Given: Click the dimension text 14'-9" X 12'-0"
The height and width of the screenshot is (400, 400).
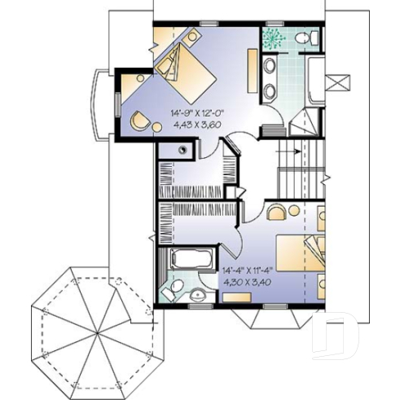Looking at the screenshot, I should pos(202,113).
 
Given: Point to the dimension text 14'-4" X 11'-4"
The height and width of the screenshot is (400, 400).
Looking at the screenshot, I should pos(251,275).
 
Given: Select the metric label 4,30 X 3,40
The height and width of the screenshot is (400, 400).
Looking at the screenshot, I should pos(250,287).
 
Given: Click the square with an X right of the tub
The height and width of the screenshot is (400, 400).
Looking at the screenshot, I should pos(335,82).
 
